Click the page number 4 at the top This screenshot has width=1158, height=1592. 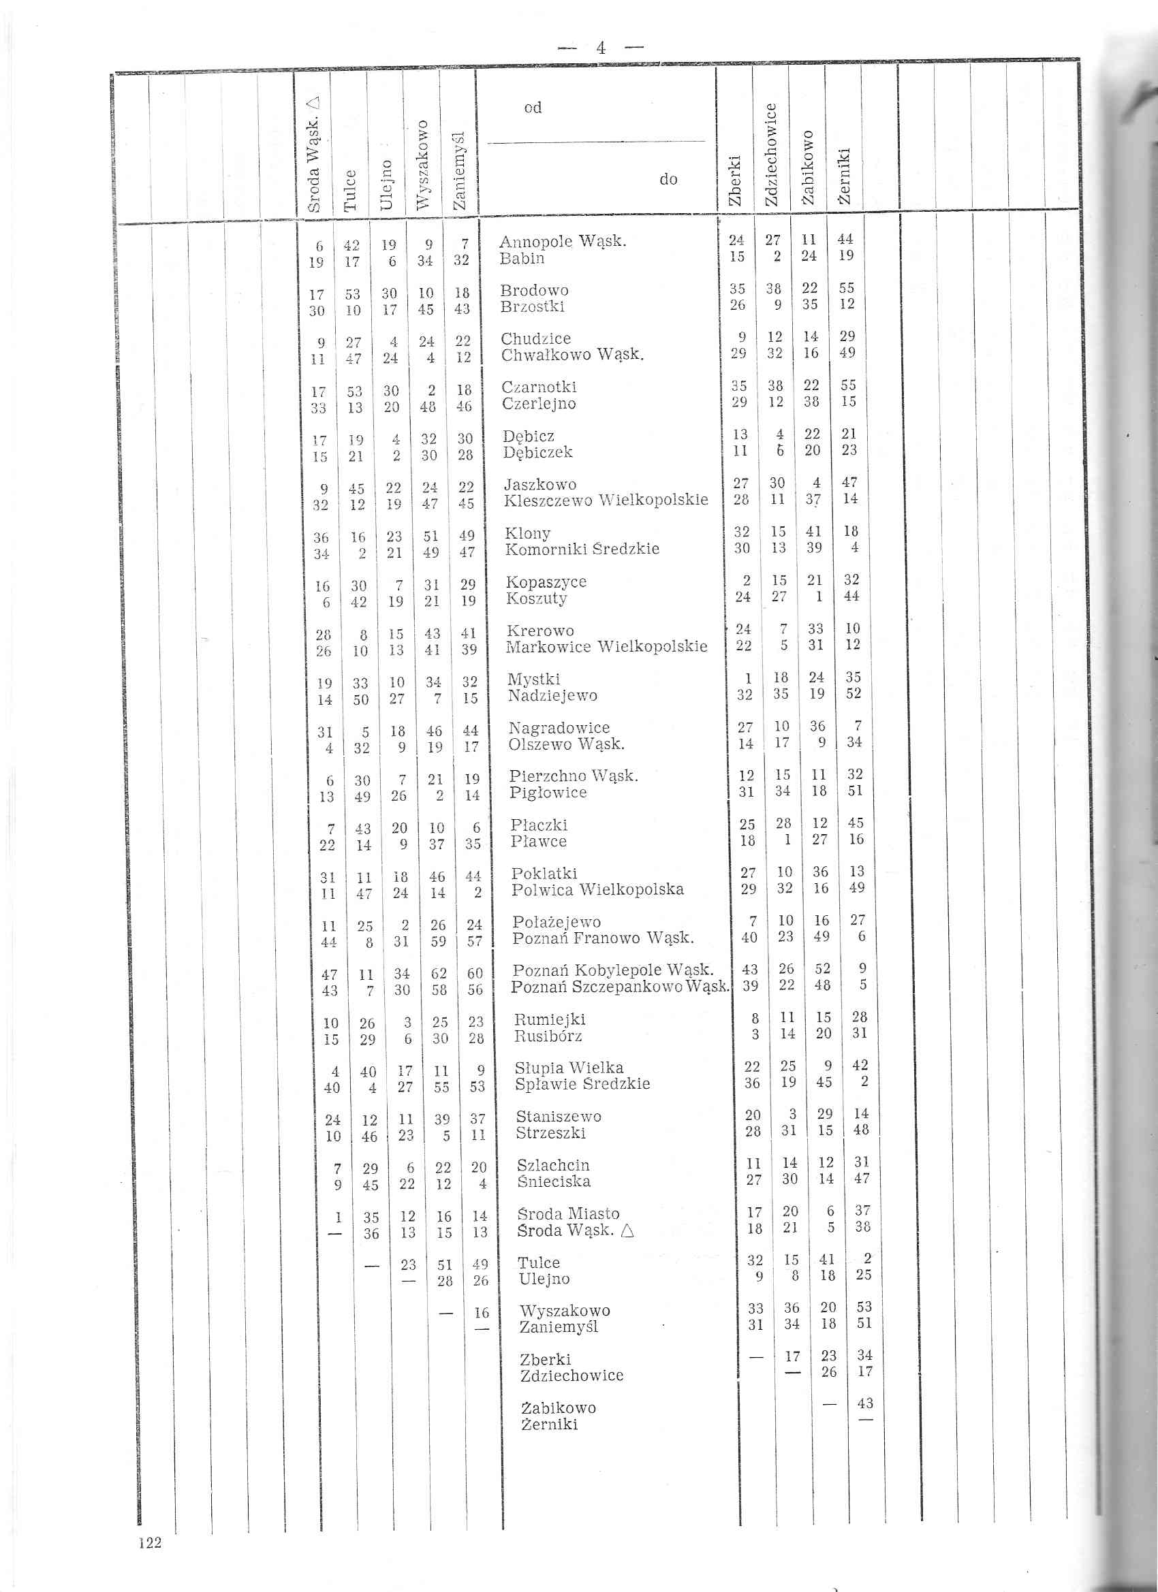tap(600, 48)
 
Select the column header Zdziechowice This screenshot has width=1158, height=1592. tap(771, 155)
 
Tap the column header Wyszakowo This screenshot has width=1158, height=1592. tap(422, 165)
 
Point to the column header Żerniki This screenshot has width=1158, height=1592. tap(845, 176)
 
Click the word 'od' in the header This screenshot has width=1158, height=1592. tap(532, 108)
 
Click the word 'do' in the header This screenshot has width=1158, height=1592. tap(668, 180)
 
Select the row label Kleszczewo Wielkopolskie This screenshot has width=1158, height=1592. tap(606, 500)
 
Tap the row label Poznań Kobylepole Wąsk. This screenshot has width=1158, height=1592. tap(613, 970)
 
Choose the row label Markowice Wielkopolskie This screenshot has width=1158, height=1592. tap(607, 646)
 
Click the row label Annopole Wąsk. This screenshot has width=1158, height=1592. tap(563, 242)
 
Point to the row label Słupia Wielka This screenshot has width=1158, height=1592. tap(569, 1068)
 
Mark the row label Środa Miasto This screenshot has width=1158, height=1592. tap(568, 1213)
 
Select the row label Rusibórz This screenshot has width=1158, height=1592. tap(548, 1036)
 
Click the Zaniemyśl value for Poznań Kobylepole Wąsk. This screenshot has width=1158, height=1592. tap(475, 974)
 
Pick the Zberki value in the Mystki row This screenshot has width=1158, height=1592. tap(749, 679)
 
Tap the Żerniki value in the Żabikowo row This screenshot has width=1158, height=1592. tap(865, 1403)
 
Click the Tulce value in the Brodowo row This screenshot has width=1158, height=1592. tap(353, 294)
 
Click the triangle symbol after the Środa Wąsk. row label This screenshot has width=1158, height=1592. tap(627, 1230)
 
